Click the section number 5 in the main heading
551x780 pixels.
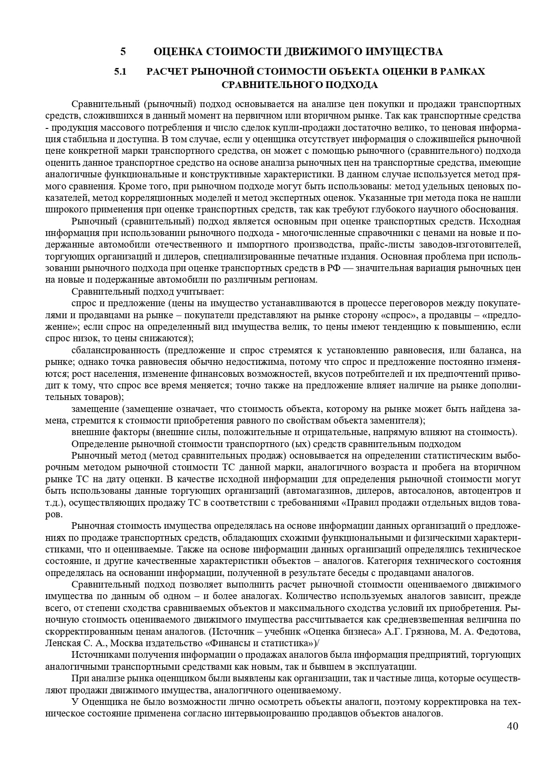point(123,52)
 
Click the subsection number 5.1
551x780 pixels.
point(121,71)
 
